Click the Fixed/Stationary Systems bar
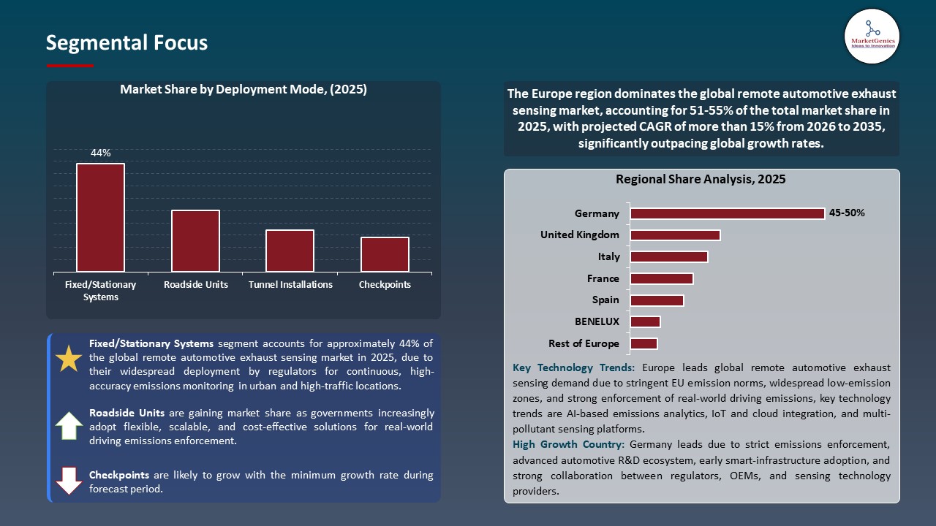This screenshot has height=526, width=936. pos(100,218)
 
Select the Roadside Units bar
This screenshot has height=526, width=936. pos(195,241)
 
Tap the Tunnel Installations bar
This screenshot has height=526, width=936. pos(290,251)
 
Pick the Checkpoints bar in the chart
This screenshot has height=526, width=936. pos(385,254)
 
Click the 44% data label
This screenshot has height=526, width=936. pos(100,153)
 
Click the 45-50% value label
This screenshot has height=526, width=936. pos(847,213)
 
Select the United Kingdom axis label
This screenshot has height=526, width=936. pos(579,235)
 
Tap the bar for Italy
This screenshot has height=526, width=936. pos(668,256)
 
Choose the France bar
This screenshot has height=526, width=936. pos(661,278)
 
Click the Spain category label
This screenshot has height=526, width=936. pos(605,300)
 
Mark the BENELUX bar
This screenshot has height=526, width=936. pos(645,321)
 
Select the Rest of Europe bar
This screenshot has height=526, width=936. pos(643,343)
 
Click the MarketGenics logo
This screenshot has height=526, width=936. pos(872,36)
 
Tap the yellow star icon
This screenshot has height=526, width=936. pos(69,359)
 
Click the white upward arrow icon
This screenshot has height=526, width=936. pos(69,425)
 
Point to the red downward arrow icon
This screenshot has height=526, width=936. pos(69,481)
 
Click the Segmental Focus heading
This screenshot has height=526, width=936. pos(127,43)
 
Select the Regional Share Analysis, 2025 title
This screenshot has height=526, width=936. pos(701,179)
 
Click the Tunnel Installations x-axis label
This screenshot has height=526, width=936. pos(290,285)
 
